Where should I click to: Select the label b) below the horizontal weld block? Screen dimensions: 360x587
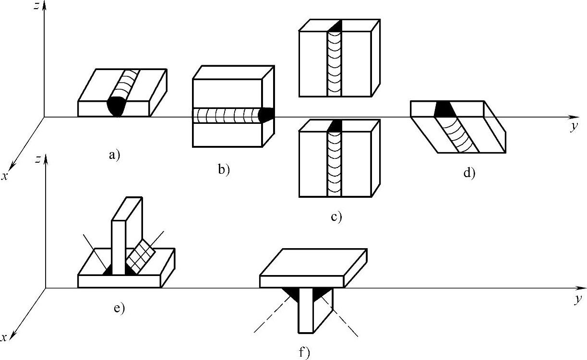(x=224, y=169)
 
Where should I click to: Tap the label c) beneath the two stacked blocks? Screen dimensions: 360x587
(x=336, y=217)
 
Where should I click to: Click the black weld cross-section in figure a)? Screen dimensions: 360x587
(x=117, y=106)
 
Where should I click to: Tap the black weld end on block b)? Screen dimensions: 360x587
(x=266, y=115)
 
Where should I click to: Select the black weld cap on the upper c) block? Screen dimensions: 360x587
(x=335, y=26)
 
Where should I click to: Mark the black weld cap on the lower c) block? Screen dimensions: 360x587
(x=335, y=126)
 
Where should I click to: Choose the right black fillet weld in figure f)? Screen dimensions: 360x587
(x=320, y=294)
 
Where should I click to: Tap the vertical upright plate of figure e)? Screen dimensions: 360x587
(x=119, y=240)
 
